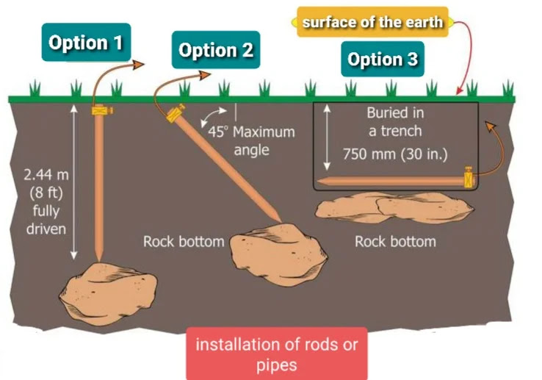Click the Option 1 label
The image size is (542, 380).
click(x=85, y=43)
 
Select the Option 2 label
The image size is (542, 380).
click(x=216, y=51)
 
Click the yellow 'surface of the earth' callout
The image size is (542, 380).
click(x=372, y=22)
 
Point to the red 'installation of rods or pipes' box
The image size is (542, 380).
click(x=277, y=354)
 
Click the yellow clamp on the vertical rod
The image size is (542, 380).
click(x=100, y=111)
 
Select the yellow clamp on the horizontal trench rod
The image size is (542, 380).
click(x=468, y=179)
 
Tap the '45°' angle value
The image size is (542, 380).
click(x=219, y=133)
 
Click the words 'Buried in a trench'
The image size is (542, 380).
click(x=395, y=122)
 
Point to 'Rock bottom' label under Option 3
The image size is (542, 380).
click(x=395, y=241)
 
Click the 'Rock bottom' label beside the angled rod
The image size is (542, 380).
click(x=184, y=241)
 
